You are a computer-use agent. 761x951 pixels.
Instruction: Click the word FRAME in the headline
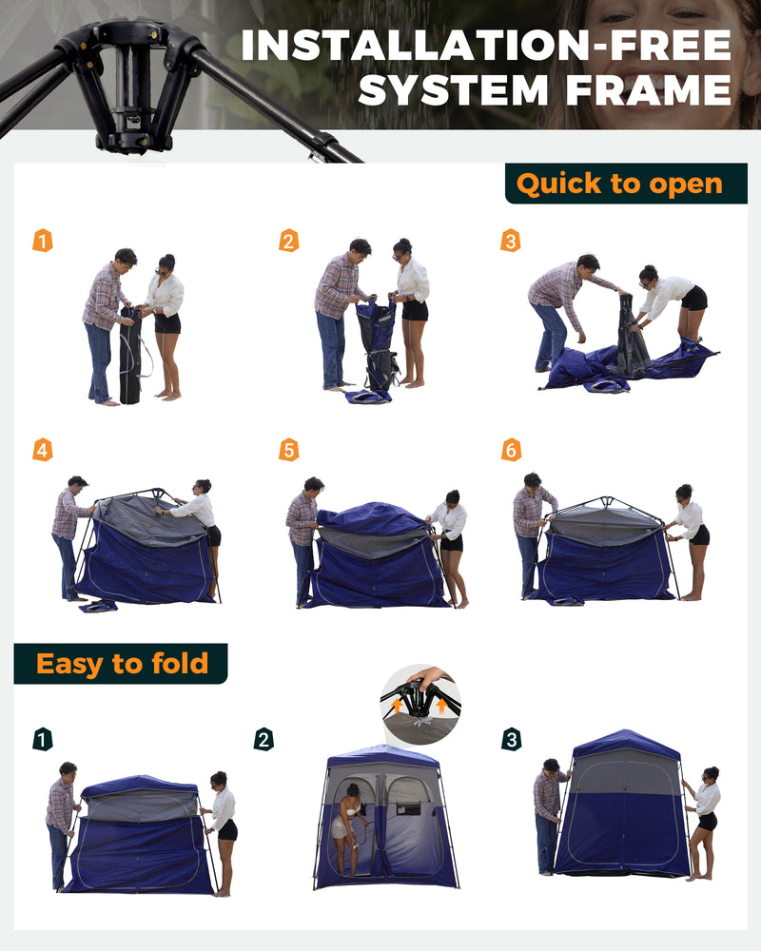coord(642,89)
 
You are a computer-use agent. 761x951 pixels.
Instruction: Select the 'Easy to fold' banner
coord(121,663)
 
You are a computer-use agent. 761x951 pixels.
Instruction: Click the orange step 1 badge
coord(43,241)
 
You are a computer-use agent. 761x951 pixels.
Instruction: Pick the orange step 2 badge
coord(288,241)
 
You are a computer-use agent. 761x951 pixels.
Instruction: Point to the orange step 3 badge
coord(511,241)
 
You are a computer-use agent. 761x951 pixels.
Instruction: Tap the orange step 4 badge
coord(43,450)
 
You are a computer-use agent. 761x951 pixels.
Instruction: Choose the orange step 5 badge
coord(288,450)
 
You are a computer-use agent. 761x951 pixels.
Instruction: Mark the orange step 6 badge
coord(511,450)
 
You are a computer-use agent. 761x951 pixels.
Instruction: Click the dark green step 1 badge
coord(43,739)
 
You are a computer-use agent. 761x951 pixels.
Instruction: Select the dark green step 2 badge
coord(264,739)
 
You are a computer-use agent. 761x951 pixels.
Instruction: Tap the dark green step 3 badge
coord(511,739)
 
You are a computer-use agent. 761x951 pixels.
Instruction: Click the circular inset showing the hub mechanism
coord(420,704)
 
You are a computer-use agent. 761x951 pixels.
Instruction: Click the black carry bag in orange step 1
coord(130,357)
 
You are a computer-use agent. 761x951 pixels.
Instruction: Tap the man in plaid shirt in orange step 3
coord(561,304)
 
